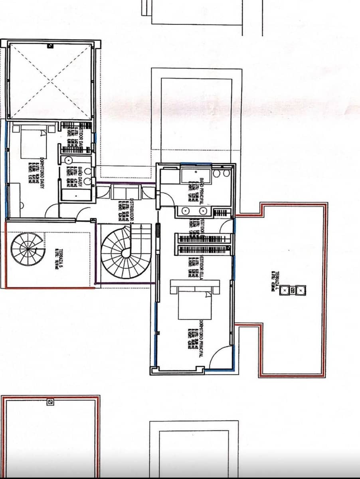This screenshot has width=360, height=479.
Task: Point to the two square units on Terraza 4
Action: [x=293, y=290]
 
